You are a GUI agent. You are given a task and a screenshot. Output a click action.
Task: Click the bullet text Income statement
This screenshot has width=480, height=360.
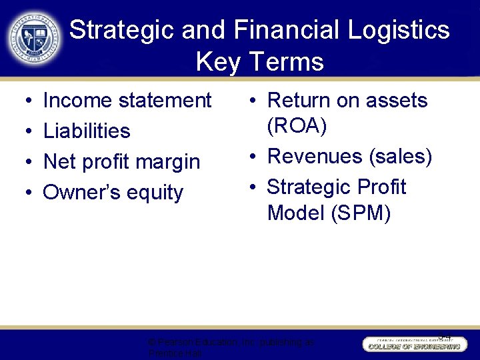click(x=127, y=101)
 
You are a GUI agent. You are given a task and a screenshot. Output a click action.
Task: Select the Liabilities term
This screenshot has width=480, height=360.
click(x=87, y=131)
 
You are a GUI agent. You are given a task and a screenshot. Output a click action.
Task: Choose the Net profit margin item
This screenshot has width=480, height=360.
click(x=121, y=162)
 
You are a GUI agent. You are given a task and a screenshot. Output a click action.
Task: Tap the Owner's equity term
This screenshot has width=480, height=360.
click(x=113, y=193)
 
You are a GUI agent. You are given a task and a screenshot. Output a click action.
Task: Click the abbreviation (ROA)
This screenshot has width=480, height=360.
click(x=296, y=126)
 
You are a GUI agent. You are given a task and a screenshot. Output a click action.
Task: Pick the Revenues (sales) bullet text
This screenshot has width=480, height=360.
click(x=349, y=157)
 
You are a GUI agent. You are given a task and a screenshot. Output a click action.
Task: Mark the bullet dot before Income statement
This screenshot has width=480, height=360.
click(x=24, y=101)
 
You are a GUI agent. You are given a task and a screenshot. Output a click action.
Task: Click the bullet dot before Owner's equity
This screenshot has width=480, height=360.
click(x=24, y=193)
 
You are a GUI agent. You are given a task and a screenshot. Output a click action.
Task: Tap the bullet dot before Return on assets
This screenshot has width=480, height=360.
click(x=253, y=101)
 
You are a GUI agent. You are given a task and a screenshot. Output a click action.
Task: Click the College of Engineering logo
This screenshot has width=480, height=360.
click(x=413, y=343)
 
